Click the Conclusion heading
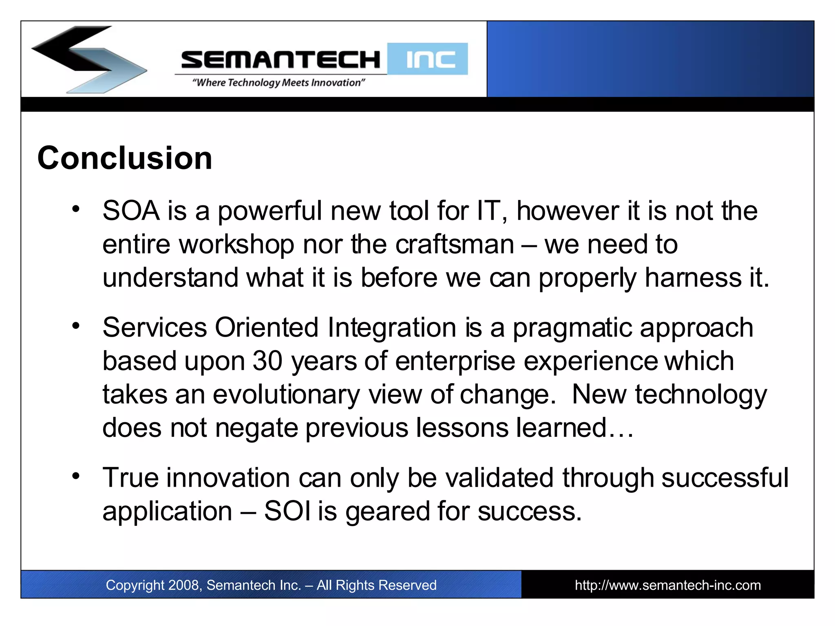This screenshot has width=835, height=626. coord(124,158)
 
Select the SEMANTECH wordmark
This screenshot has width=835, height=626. coord(281,60)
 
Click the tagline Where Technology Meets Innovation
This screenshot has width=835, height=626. coord(278,83)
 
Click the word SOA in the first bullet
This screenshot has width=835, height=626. coord(131,211)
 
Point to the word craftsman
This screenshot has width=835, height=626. coord(454,245)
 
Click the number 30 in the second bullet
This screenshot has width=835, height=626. coord(267,361)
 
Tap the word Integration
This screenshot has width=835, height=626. coord(391,328)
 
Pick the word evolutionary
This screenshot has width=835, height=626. coord(286,395)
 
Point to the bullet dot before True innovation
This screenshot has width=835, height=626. coord(76,476)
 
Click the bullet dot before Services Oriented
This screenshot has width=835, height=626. coord(76,326)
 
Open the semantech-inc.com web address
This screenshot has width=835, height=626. coord(667,585)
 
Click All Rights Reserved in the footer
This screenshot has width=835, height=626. coord(376,585)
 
